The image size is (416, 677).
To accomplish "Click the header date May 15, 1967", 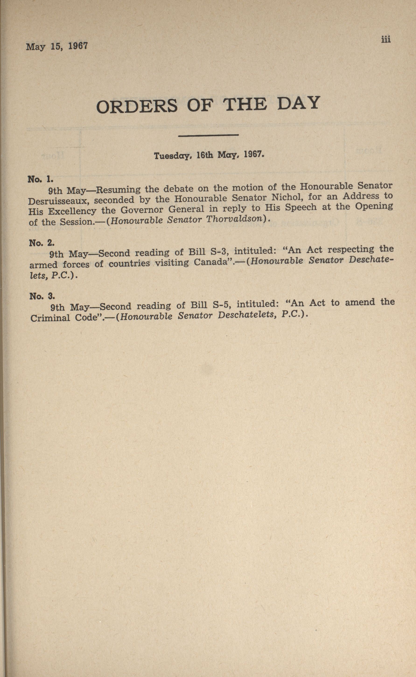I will pyautogui.click(x=57, y=46).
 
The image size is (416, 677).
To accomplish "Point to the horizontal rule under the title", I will pyautogui.click(x=208, y=135).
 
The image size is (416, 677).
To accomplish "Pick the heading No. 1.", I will pyautogui.click(x=40, y=180).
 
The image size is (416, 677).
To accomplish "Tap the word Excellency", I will pyautogui.click(x=72, y=211).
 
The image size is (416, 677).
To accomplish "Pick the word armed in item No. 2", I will pyautogui.click(x=43, y=265).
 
